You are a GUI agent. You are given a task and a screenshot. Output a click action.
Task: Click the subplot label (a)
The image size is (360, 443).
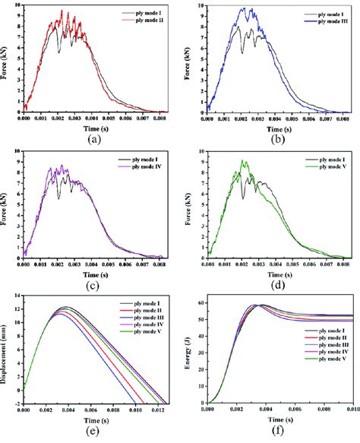pos(92,139)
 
